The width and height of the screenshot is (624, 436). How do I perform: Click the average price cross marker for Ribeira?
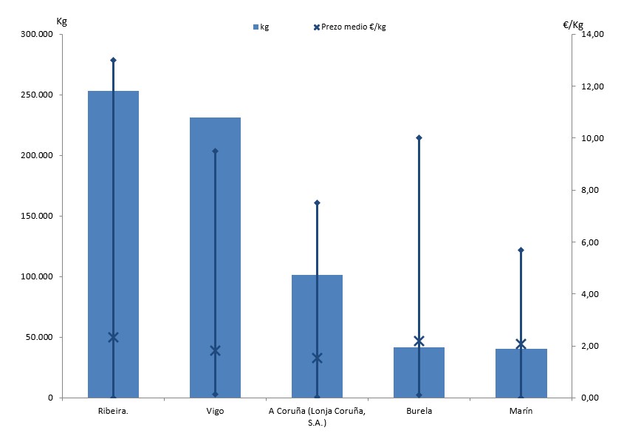(113, 337)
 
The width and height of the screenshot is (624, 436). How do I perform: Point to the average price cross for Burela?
(419, 341)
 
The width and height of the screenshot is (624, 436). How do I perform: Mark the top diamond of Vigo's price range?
(215, 151)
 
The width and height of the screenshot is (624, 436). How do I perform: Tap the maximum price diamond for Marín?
(521, 250)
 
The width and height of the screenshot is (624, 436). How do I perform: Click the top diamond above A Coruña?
(317, 202)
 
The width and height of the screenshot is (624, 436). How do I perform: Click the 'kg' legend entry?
(261, 27)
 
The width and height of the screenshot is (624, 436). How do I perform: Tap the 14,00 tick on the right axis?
(594, 35)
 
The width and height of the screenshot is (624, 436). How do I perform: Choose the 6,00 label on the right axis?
(594, 242)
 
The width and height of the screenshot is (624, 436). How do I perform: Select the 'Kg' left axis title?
(62, 20)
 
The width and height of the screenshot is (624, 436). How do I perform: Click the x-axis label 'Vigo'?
(215, 411)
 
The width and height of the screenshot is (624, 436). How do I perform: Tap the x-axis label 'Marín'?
(521, 411)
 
